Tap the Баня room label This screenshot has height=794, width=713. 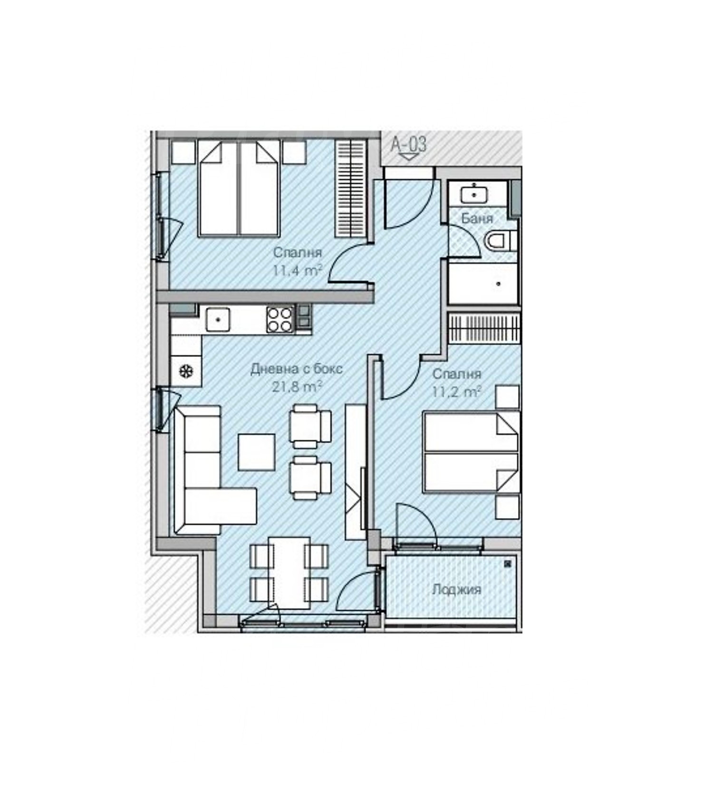pyautogui.click(x=477, y=218)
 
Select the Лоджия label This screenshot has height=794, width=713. pyautogui.click(x=456, y=590)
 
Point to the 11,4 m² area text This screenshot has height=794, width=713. pyautogui.click(x=297, y=271)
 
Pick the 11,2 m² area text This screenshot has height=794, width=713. pyautogui.click(x=456, y=392)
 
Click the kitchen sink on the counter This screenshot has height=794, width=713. pyautogui.click(x=218, y=320)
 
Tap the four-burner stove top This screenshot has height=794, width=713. pyautogui.click(x=279, y=320)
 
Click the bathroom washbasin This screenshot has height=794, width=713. pyautogui.click(x=474, y=194)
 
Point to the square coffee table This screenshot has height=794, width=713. pyautogui.click(x=257, y=452)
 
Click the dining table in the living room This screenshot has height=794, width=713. pyautogui.click(x=289, y=573)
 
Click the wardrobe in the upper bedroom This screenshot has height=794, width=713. pyautogui.click(x=351, y=188)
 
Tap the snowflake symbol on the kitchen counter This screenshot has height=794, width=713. pyautogui.click(x=186, y=371)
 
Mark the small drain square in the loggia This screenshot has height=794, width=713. pyautogui.click(x=508, y=564)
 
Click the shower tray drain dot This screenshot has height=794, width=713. pyautogui.click(x=499, y=284)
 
